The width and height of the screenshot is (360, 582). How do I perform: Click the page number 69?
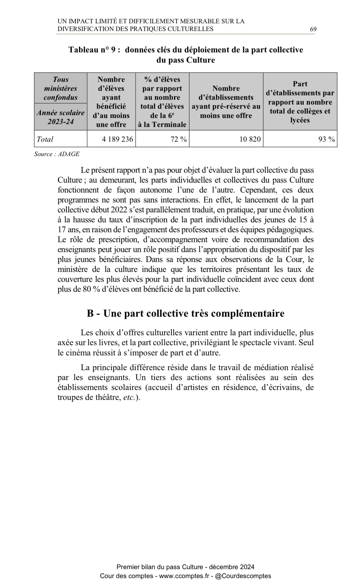[x=313, y=29]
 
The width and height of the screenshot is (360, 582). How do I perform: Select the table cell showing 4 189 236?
[x=117, y=139]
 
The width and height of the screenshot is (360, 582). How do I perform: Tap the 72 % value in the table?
[x=179, y=139]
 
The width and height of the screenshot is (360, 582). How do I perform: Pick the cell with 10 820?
[x=250, y=139]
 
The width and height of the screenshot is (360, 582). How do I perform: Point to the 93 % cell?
[x=326, y=139]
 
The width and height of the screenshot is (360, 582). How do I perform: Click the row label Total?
[x=45, y=139]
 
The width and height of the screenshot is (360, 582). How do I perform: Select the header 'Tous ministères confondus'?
[x=60, y=88]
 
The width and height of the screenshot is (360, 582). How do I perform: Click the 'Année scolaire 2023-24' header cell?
[x=60, y=117]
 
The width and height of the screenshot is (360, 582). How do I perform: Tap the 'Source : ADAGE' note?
[x=57, y=154]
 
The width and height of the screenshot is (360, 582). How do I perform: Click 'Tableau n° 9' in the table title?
[x=94, y=50]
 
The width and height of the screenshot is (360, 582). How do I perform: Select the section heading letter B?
[x=90, y=313]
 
